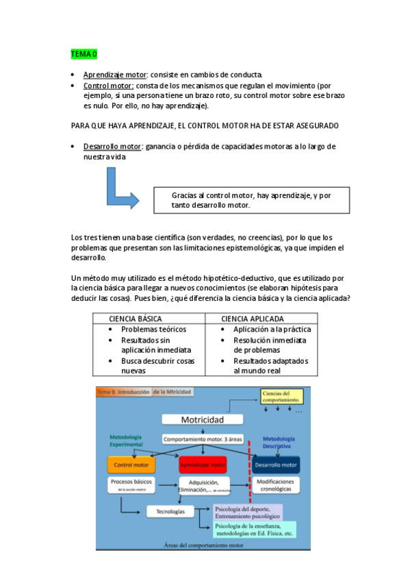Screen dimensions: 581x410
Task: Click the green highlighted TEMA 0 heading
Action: pos(84,53)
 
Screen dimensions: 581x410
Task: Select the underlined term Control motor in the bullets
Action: pos(108,86)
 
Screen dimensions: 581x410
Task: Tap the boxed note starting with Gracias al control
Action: pos(251,200)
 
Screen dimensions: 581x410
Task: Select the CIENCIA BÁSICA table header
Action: pos(135,319)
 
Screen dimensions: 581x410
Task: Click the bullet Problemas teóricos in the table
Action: pos(153,330)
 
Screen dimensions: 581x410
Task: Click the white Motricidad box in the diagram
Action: pos(202,420)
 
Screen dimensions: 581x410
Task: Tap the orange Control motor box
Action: pos(131,465)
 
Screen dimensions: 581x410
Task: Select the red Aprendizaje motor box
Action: pos(202,465)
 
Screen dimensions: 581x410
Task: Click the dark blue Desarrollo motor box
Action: pos(275,465)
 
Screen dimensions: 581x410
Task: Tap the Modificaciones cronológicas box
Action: pos(275,485)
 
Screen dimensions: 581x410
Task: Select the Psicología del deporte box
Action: pos(246,511)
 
